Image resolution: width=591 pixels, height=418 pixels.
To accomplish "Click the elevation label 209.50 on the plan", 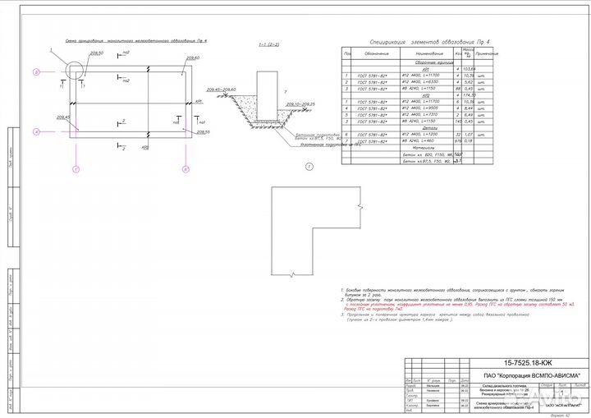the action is tap(97, 53).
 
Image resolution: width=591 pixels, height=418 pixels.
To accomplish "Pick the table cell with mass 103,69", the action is tap(469, 69).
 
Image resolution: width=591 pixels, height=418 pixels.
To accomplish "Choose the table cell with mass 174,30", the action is tap(469, 94).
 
